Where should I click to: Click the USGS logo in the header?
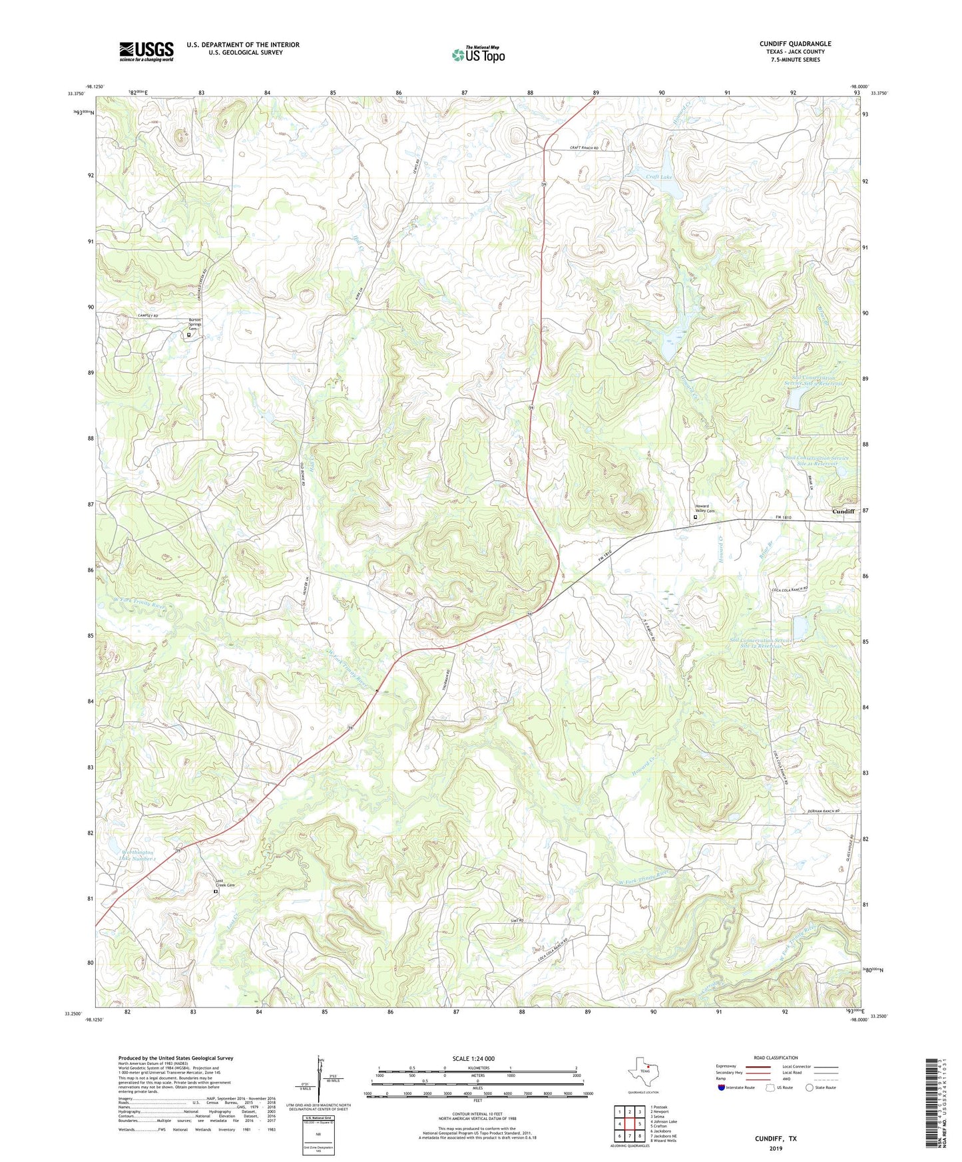pos(146,51)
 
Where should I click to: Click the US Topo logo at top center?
pos(478,55)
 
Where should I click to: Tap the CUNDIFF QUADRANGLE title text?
pos(795,44)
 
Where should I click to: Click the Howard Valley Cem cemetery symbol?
pos(696,516)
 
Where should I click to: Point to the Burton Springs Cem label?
pos(195,324)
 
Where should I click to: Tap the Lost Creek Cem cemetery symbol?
pos(215,891)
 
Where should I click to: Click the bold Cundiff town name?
pos(843,511)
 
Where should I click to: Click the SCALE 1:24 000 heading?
pos(473,1058)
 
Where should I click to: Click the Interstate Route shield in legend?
pos(722,1087)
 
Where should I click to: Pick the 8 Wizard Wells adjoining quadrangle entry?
pos(666,1140)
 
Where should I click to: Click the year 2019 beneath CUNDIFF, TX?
pos(776,1148)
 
